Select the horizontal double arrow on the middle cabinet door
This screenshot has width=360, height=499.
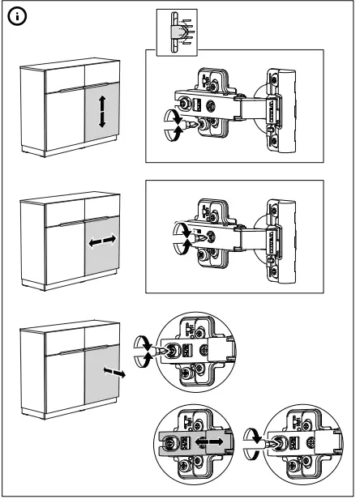pyautogui.click(x=102, y=241)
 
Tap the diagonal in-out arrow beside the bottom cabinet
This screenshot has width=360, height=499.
pyautogui.click(x=116, y=373)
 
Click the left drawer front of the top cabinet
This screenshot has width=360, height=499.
pyautogui.click(x=64, y=77)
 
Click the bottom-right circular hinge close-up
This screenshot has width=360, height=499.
pyautogui.click(x=296, y=446)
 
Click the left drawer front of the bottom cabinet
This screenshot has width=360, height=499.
pyautogui.click(x=64, y=341)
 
